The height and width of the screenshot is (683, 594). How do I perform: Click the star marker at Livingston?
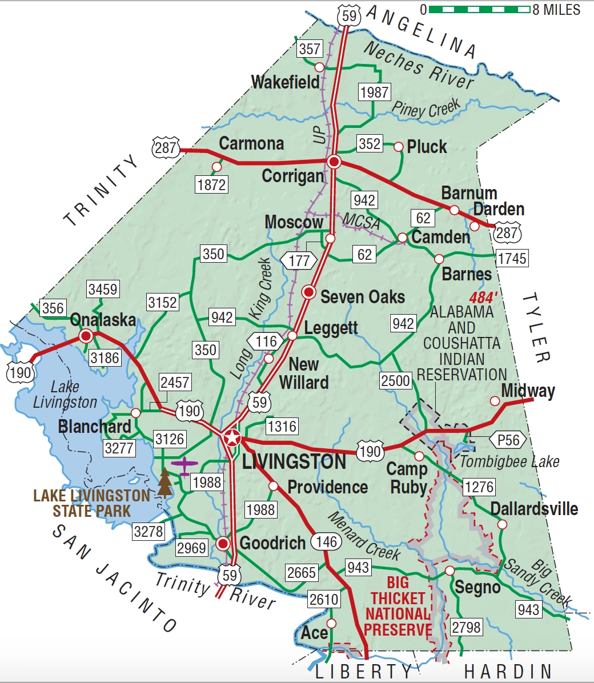pyautogui.click(x=232, y=438)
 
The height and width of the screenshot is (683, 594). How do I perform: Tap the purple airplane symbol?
pyautogui.click(x=184, y=465)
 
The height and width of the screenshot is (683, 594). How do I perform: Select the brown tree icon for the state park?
pyautogui.click(x=164, y=483)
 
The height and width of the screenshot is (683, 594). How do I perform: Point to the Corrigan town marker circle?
pyautogui.click(x=334, y=162)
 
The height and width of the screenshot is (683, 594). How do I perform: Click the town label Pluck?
pyautogui.click(x=426, y=147)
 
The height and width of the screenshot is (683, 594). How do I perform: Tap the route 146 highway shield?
pyautogui.click(x=326, y=541)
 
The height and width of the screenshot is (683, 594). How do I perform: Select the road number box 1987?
pyautogui.click(x=374, y=92)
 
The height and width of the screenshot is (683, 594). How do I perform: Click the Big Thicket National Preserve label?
pyautogui.click(x=398, y=606)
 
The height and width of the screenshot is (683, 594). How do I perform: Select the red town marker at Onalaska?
pyautogui.click(x=86, y=336)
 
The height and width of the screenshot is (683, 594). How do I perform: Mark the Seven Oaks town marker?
pyautogui.click(x=309, y=292)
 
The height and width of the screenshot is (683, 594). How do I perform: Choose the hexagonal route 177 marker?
pyautogui.click(x=299, y=260)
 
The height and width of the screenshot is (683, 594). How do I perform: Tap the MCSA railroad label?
pyautogui.click(x=361, y=220)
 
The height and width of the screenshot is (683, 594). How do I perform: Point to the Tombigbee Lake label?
pyautogui.click(x=509, y=461)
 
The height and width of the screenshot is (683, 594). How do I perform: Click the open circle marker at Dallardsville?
pyautogui.click(x=502, y=524)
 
